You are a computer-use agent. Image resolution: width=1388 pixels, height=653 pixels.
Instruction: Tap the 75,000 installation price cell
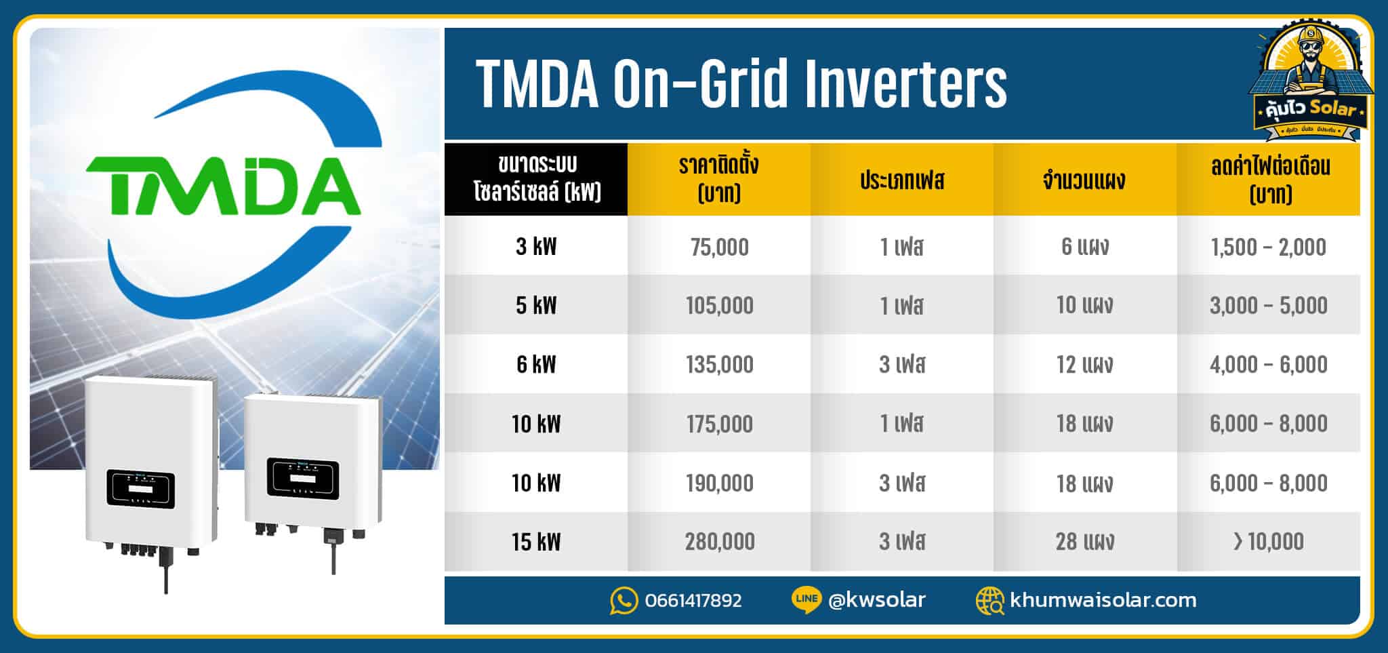pos(719,247)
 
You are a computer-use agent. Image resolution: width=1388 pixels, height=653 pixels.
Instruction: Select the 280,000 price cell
pos(719,542)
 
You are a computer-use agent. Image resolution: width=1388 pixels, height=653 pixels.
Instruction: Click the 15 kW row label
pos(536,542)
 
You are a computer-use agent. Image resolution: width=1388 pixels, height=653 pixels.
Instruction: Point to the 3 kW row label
pos(536,247)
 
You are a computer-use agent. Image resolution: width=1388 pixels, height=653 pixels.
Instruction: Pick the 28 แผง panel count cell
pos(1084,542)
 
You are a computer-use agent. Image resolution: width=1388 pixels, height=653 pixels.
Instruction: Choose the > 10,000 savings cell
pos(1267,542)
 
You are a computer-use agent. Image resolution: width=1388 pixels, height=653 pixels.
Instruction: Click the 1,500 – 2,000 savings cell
pos(1267,247)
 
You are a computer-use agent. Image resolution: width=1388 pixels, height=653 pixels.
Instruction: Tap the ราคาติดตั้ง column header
pos(719,180)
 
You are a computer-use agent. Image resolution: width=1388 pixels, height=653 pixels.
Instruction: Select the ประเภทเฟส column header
pos(902,180)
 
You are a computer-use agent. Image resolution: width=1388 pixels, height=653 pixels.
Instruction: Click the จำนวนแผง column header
pos(1084,180)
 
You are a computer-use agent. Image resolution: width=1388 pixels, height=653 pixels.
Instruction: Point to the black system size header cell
pos(536,180)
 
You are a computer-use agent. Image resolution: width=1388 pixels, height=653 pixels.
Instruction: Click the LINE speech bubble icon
pos(806,600)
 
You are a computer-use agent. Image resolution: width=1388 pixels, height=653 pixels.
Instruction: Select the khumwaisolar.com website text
pos(1103,600)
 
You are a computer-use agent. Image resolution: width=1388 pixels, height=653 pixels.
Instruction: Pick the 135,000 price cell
pos(719,365)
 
